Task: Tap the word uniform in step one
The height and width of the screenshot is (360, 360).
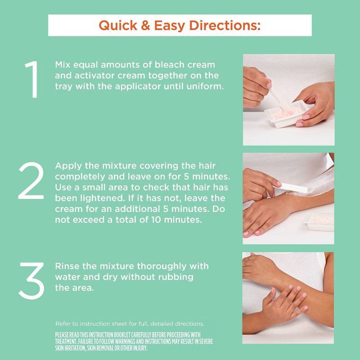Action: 209,86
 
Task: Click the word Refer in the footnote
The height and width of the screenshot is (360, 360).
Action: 63,324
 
